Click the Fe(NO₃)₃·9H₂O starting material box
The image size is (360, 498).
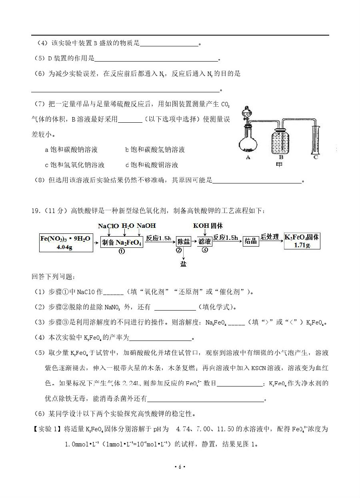coord(66,242)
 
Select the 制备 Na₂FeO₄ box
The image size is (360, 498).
coord(122,242)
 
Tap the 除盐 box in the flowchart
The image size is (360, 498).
coord(184,241)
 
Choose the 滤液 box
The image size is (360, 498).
coord(204,241)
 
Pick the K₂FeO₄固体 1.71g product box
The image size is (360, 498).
coord(302,241)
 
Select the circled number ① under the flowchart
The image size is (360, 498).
coord(122,252)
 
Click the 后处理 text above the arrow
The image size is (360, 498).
coord(270,237)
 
